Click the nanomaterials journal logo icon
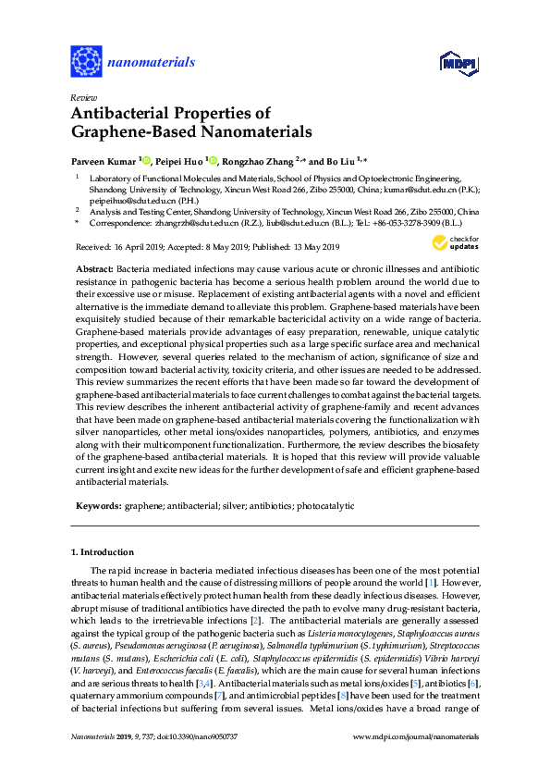coord(86,62)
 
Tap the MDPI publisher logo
coord(458,63)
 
